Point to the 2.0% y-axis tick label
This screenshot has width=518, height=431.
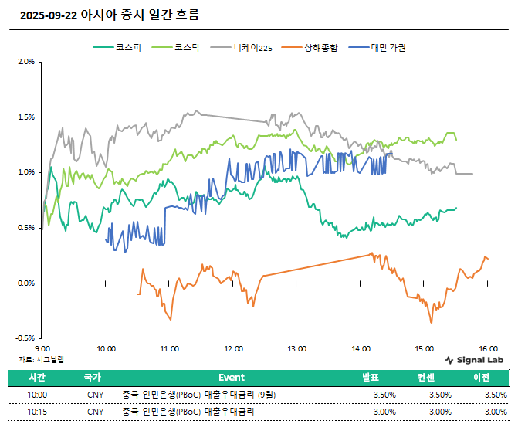coord(26,62)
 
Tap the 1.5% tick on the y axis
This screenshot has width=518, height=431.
coord(26,117)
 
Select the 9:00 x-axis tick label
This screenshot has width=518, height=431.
coord(42,348)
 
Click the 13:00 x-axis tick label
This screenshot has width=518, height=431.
coord(296,348)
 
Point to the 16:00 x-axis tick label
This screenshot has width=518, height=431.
coord(487,348)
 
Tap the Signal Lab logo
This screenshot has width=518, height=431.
coord(474,360)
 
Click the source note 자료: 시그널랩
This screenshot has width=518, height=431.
coord(41,359)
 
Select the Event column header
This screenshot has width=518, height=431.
coord(232,378)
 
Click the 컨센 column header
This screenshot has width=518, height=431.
coord(426,378)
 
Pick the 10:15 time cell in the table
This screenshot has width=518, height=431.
coord(37,412)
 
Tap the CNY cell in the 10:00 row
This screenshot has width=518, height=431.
coord(95,395)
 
